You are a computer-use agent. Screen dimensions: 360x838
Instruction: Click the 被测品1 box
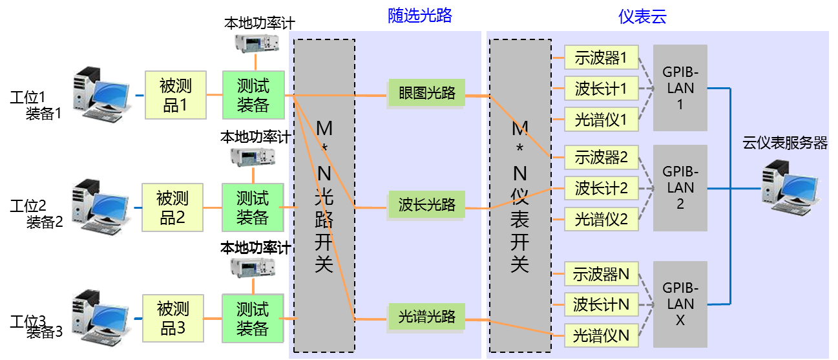[x=174, y=95]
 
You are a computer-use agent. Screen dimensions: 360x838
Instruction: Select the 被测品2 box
[x=172, y=207]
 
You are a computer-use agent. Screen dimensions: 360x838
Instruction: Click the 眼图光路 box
[x=426, y=93]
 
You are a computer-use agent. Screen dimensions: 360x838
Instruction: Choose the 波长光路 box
[x=426, y=205]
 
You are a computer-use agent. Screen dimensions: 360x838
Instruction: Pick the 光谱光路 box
[x=426, y=317]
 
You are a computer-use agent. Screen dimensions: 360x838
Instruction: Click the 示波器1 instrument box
[x=601, y=58]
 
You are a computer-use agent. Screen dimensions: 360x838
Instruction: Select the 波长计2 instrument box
[x=601, y=188]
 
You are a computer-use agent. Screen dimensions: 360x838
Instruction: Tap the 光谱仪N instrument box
[x=601, y=335]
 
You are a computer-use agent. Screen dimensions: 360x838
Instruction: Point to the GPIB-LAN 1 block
[x=680, y=87]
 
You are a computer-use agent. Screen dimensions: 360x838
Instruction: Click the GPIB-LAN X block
[x=680, y=303]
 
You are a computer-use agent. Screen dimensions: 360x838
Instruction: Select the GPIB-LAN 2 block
[x=680, y=187]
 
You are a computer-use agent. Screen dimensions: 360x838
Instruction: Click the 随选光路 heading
[x=419, y=16]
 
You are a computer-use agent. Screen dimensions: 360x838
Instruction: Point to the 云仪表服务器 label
[x=784, y=143]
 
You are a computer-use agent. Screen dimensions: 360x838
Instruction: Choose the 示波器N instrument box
[x=601, y=274]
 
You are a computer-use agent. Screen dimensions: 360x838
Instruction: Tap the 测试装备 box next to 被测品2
[x=253, y=207]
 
